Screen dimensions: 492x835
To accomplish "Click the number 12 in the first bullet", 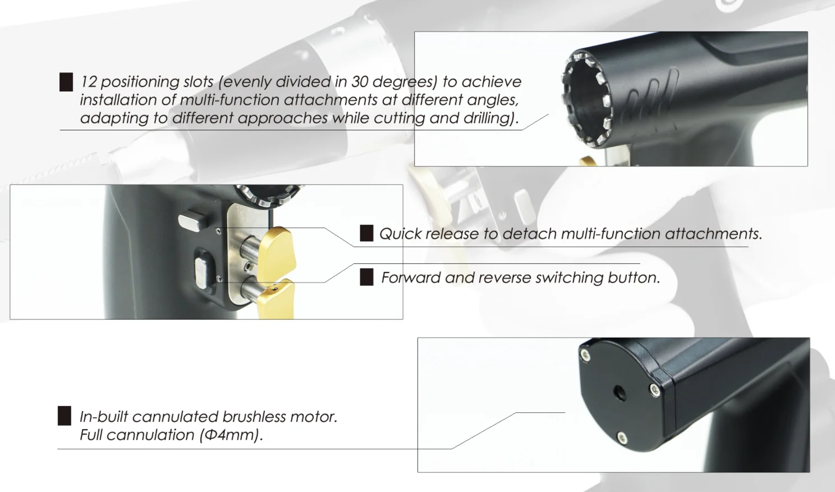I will pyautogui.click(x=88, y=82).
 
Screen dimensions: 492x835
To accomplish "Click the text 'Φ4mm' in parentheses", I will pyautogui.click(x=230, y=435).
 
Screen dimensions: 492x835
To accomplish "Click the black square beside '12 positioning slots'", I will pyautogui.click(x=66, y=82).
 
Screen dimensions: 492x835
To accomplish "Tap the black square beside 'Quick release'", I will pyautogui.click(x=366, y=234).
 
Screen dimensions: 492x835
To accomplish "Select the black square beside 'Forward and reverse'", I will pyautogui.click(x=366, y=277).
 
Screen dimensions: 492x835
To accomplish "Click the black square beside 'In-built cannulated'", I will pyautogui.click(x=65, y=416).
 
